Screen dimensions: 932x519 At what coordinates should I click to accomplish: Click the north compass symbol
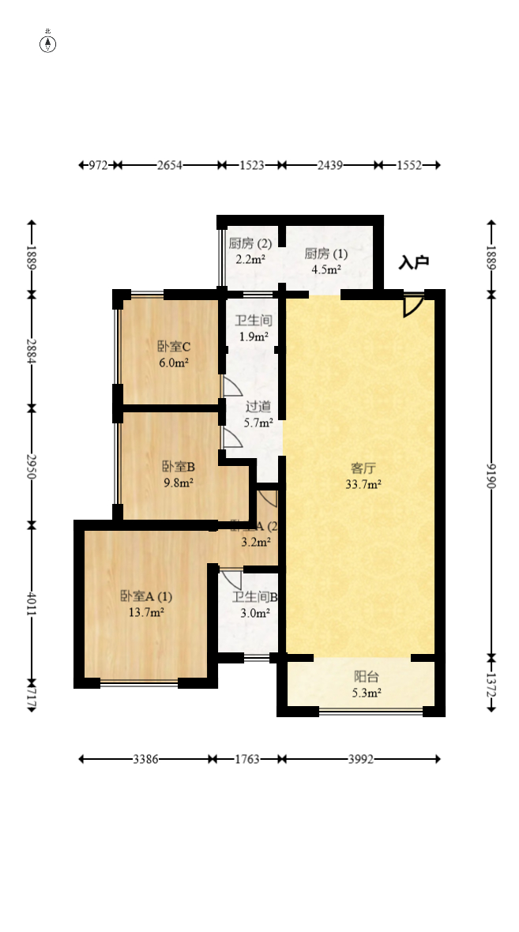coord(48,43)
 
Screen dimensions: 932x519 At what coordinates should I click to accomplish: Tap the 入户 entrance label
coord(413,262)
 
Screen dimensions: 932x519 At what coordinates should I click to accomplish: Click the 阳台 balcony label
coord(366,676)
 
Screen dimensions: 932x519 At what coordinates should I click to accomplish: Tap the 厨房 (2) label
coord(250,243)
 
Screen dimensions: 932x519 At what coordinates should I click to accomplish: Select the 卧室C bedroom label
coord(174,346)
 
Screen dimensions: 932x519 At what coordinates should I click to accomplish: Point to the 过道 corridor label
coord(258,406)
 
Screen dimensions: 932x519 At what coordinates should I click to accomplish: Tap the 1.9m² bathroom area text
coord(254,337)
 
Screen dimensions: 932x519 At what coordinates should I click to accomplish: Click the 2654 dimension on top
coord(170,165)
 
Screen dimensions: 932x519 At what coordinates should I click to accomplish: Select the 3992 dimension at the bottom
coord(360,759)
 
